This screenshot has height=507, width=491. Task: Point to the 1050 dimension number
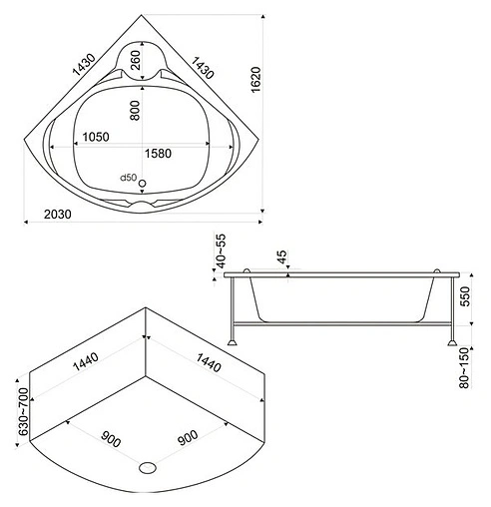[96, 137]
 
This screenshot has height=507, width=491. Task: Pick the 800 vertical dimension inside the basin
[136, 110]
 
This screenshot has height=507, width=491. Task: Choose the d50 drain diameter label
[127, 178]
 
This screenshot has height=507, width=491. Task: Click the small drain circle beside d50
[143, 183]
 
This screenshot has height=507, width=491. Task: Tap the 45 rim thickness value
[280, 256]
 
